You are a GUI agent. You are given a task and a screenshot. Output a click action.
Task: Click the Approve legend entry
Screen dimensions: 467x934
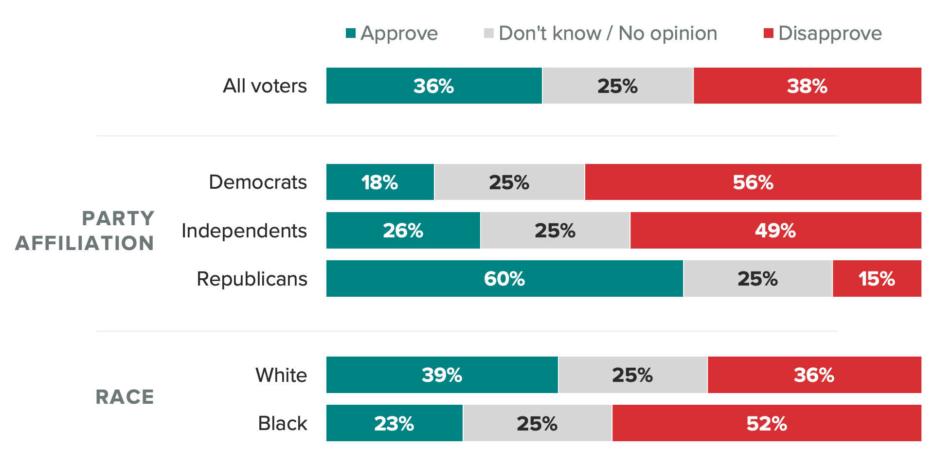tap(392, 34)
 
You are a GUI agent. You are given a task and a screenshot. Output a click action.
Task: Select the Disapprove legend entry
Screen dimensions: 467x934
tap(823, 34)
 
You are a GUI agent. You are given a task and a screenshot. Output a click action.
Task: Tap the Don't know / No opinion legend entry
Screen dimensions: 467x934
tap(601, 34)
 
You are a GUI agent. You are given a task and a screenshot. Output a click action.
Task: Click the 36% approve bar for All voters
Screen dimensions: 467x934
tap(434, 86)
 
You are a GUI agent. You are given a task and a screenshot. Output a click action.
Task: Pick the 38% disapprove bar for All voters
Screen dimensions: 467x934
tap(807, 86)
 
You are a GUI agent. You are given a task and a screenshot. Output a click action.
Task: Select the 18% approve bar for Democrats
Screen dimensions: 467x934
tap(380, 182)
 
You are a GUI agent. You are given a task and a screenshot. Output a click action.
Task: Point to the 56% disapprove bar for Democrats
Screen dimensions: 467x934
tap(753, 182)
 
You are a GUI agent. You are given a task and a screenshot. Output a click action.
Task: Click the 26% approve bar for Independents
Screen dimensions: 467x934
tap(403, 231)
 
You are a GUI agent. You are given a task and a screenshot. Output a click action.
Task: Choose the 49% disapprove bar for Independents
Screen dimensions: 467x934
tap(775, 231)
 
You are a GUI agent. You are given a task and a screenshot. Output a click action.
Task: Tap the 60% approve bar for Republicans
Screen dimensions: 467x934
tap(504, 279)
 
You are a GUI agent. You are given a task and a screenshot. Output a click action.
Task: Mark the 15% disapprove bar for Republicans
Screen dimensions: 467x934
tap(877, 279)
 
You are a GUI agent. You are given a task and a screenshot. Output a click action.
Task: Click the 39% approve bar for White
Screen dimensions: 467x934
tap(442, 375)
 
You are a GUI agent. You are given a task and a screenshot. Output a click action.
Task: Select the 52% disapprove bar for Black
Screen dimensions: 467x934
tap(767, 423)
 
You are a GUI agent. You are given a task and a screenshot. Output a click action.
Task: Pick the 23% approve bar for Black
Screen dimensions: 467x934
tap(394, 423)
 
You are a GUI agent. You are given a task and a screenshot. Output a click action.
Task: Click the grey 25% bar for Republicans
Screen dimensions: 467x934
tap(757, 279)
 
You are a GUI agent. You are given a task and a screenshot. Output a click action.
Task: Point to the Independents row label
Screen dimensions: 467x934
tap(244, 231)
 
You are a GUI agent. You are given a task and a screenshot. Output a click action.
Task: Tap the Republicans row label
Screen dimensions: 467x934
tap(252, 279)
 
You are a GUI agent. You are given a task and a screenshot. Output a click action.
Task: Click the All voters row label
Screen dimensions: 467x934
tap(265, 86)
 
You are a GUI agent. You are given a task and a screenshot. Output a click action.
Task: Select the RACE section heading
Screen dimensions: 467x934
tap(125, 397)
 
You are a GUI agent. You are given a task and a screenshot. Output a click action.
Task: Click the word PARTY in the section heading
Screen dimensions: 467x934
tap(118, 218)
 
